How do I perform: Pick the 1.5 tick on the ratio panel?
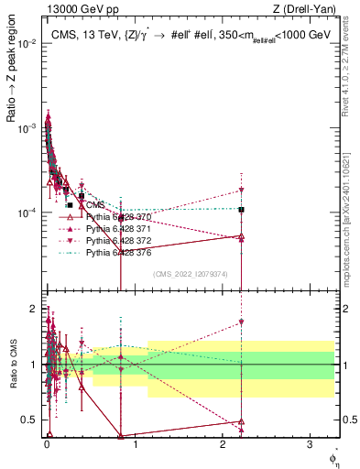click(x=31, y=336)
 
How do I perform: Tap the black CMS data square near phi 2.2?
click(x=241, y=210)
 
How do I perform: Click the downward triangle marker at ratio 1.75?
click(x=241, y=322)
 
